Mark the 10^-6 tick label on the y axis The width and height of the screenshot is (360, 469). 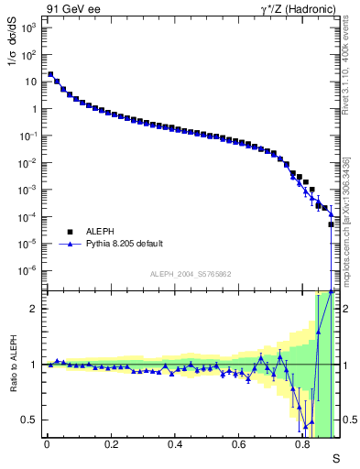click(27, 270)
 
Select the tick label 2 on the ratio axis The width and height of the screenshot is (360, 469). click(35, 309)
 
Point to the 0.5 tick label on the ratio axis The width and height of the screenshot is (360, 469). click(30, 420)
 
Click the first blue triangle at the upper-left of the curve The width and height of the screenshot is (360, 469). click(50, 75)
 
